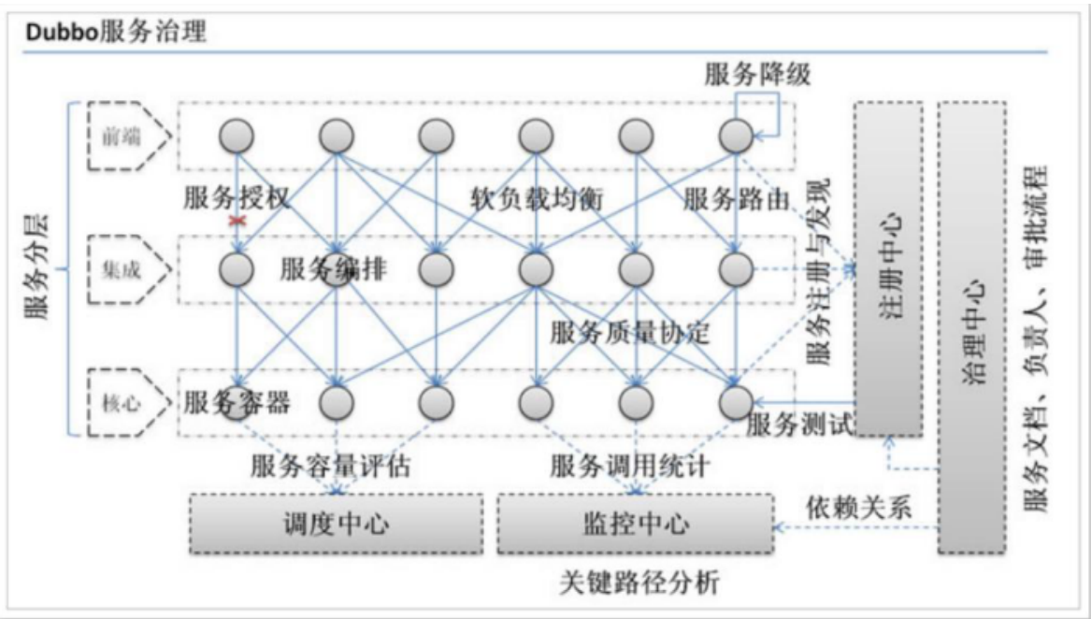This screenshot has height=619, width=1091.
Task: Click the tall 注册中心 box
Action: click(x=888, y=268)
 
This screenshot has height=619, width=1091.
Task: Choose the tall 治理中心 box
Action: click(x=971, y=327)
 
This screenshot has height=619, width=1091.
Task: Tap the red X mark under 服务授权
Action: click(x=237, y=221)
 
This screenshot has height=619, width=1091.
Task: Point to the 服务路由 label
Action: click(x=737, y=199)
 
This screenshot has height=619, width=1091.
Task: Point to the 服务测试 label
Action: click(x=800, y=425)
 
